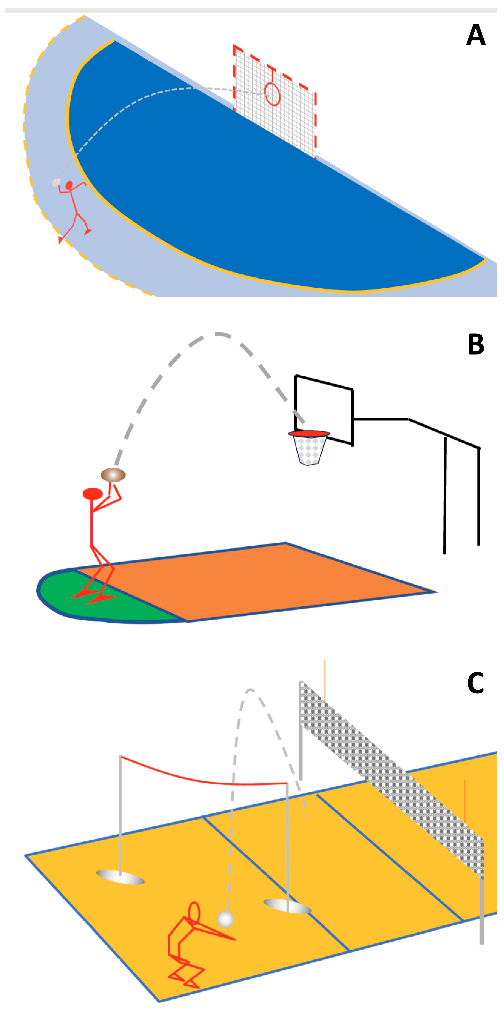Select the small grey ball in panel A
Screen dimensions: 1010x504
[x=56, y=182]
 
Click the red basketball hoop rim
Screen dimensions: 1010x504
[x=309, y=434]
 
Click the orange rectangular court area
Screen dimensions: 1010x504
[x=255, y=580]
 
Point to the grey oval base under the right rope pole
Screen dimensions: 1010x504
[x=288, y=906]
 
